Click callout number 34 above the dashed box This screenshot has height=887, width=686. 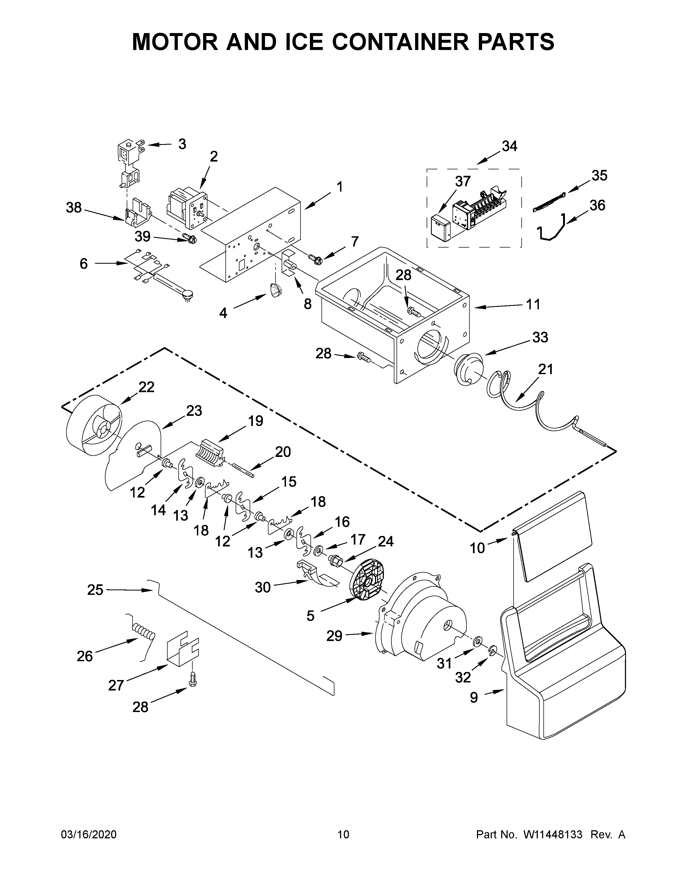click(509, 146)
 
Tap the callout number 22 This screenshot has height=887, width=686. click(146, 387)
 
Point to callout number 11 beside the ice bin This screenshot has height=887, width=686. click(533, 304)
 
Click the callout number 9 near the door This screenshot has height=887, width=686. click(474, 698)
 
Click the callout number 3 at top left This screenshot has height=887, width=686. click(182, 144)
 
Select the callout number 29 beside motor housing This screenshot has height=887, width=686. click(334, 636)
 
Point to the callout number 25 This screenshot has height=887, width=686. click(95, 590)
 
